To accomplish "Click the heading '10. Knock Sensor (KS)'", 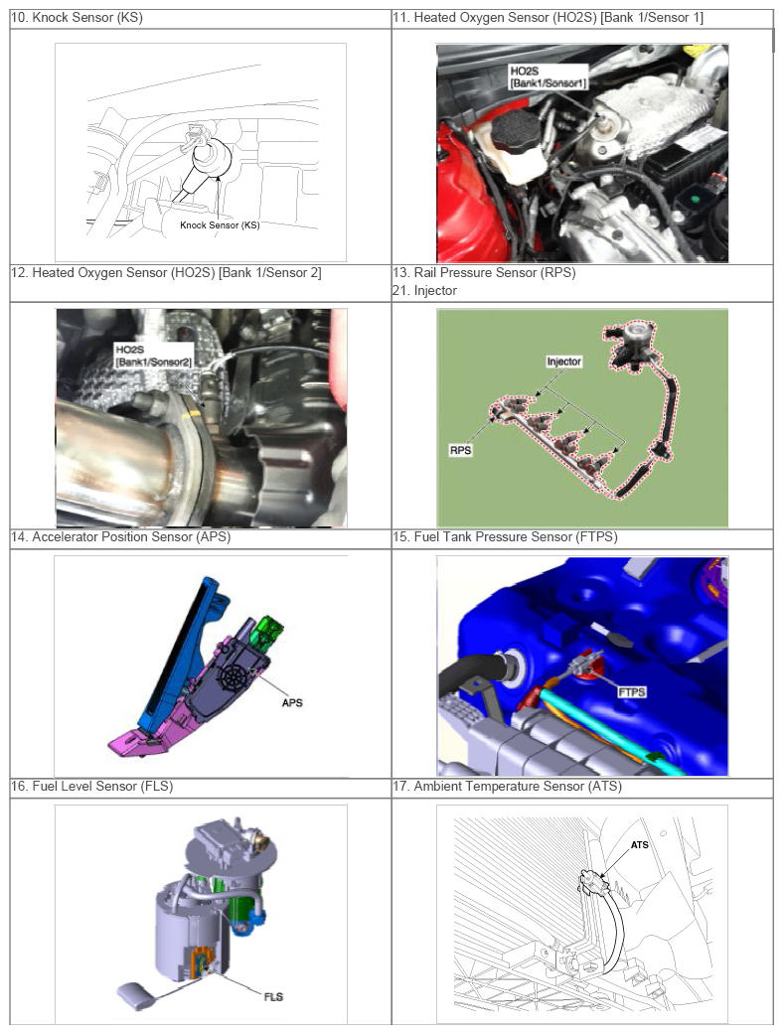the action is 78,18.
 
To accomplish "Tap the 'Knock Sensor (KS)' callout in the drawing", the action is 220,224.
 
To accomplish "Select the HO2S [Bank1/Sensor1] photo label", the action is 548,76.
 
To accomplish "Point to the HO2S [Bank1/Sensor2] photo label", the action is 154,356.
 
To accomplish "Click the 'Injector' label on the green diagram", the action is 563,362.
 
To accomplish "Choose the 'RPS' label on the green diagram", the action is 461,450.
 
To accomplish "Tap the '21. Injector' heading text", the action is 425,291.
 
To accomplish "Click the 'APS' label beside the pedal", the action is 292,703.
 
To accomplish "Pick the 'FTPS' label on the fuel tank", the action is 632,691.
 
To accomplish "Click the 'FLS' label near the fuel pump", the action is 273,996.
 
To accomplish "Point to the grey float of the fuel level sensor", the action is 136,995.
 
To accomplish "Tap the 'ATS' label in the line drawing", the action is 640,844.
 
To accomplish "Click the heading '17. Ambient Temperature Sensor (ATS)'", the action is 508,787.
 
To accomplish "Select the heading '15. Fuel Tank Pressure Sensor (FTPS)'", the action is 506,537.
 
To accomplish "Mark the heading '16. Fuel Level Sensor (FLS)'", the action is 92,787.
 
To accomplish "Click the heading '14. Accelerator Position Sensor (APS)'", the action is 121,537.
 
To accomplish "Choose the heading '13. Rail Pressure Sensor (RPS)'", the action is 484,273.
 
